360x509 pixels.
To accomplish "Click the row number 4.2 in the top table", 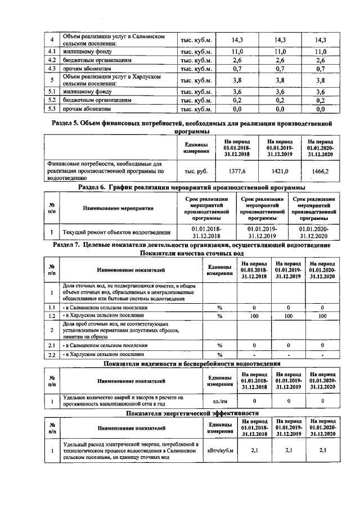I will tap(51, 60).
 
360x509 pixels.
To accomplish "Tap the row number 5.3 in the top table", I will tap(51, 109).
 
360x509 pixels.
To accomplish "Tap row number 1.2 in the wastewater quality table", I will tap(51, 316).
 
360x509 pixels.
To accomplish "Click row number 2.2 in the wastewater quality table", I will tap(51, 355).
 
